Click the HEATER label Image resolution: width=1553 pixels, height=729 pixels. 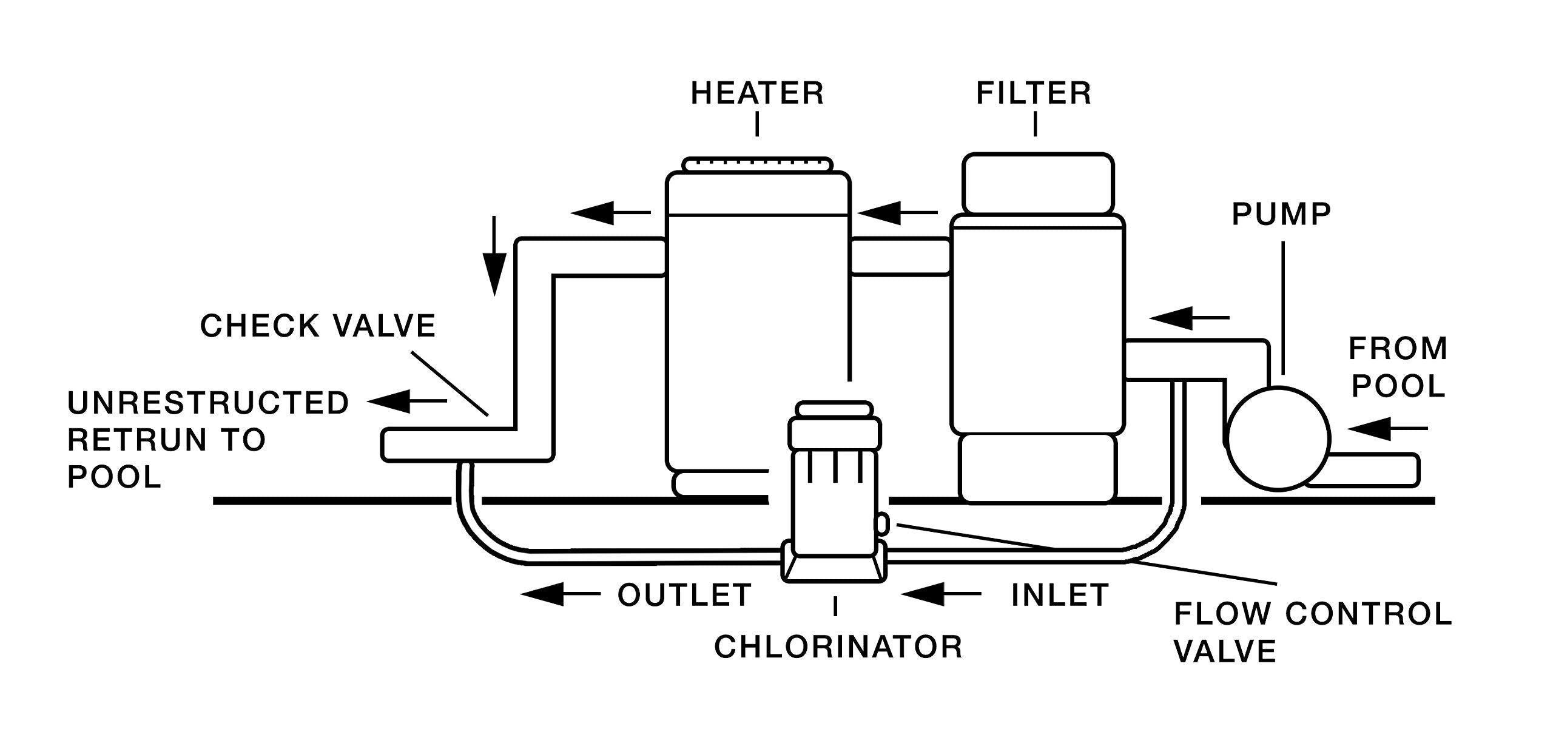pos(757,93)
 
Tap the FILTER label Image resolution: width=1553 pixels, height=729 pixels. pos(1034,93)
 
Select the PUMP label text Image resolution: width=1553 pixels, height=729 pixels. pos(1281,214)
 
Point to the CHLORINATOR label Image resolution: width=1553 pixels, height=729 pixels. pos(838,647)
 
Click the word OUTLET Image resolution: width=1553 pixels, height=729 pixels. pos(685,595)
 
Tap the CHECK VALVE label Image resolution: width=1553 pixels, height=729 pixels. pos(318,326)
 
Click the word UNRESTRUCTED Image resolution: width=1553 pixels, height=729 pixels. pos(208,403)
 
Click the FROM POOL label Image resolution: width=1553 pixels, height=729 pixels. pos(1398,368)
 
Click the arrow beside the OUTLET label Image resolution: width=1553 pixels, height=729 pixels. pos(559,595)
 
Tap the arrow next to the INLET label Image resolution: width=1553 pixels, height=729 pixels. pos(940,595)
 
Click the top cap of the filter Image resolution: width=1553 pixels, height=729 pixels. pos(1038,184)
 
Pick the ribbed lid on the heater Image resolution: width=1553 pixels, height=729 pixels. pos(758,164)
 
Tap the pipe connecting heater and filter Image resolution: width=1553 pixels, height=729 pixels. pos(900,257)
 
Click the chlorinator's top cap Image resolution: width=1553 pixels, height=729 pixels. pos(834,409)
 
